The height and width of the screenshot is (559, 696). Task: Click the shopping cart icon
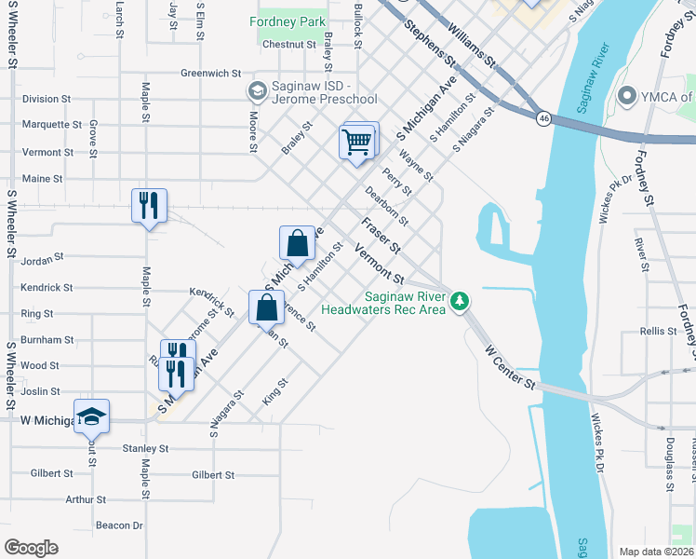point(357,143)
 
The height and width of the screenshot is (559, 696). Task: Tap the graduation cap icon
point(92,416)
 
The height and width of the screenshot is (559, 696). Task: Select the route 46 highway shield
point(542,118)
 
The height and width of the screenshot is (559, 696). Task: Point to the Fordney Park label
point(287,20)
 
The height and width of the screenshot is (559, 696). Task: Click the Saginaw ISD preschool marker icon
point(256,90)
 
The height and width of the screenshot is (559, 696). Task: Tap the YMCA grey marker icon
point(627,96)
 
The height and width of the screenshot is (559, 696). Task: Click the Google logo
point(31,547)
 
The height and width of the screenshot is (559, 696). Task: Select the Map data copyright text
point(656,551)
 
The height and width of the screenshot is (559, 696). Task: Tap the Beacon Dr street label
point(118,525)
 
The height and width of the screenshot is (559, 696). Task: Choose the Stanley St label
point(145,448)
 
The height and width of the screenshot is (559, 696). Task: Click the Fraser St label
point(381,237)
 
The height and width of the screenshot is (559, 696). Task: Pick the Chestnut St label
point(289,44)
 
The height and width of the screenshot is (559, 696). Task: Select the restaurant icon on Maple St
point(150,205)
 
